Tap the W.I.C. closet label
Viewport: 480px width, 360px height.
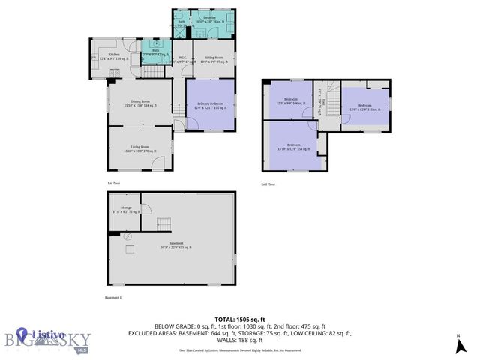182,58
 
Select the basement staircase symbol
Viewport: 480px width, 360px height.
164,223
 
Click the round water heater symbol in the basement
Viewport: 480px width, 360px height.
127,236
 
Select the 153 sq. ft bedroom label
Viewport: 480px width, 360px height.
294,147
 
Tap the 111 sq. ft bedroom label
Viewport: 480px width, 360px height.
365,107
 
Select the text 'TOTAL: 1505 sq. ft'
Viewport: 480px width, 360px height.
240,319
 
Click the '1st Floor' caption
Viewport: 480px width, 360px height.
113,183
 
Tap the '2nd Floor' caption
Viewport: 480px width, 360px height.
268,183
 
